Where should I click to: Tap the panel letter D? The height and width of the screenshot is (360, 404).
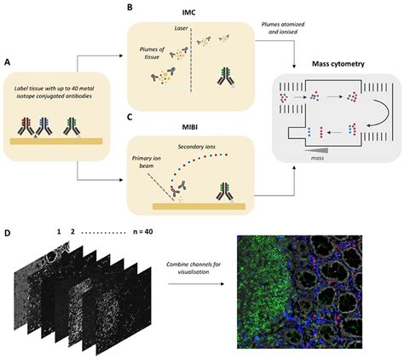[x=8, y=233]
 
